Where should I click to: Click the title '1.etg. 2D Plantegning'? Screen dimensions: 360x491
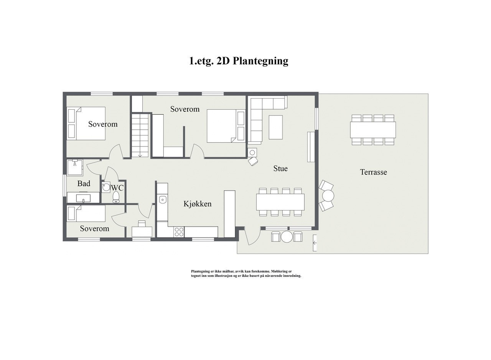pos(239,61)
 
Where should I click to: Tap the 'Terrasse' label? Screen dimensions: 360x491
pos(373,172)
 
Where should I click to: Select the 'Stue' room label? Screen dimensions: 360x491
pos(280,168)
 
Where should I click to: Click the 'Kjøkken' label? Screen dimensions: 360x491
pos(198,204)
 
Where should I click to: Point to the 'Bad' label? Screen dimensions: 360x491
pos(84,184)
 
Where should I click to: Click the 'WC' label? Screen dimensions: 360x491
pos(117,188)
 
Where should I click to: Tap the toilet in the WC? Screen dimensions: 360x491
pos(116,197)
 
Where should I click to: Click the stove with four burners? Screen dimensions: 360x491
pos(179,232)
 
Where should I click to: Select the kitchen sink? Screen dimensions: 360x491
pos(162,200)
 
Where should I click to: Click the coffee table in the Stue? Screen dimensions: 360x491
pos(275,127)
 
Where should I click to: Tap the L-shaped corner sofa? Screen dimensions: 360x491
pos(261,115)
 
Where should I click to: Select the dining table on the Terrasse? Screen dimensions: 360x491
pos(372,130)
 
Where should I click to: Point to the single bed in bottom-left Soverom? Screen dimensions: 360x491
pos(86,213)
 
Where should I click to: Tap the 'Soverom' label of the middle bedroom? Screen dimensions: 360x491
pos(185,109)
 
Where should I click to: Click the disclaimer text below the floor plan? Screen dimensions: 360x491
pos(246,273)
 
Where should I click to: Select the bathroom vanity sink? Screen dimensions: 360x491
pos(84,198)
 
